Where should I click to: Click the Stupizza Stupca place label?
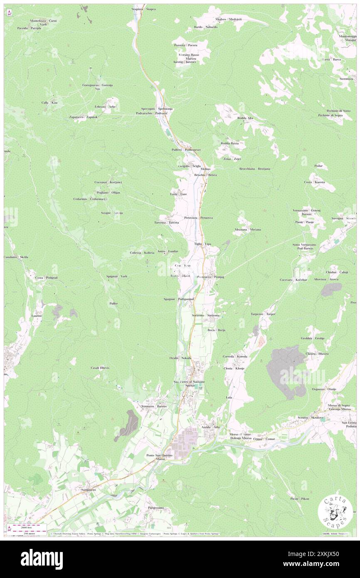point(143,9)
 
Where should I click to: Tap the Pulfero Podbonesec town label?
point(186,149)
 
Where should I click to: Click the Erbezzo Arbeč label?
point(105,106)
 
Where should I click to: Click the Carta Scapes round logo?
point(335,512)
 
